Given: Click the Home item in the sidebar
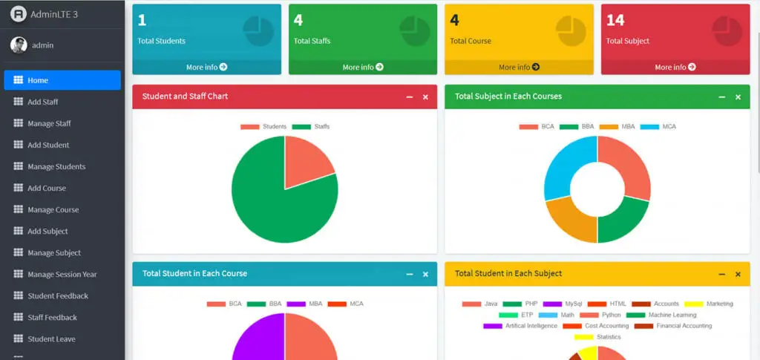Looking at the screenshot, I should coord(62,80).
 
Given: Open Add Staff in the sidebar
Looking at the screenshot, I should coord(42,102).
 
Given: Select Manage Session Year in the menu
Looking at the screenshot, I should coord(62,275).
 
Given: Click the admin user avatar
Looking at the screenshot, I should coord(19,45).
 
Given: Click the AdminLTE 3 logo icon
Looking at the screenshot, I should coord(19,14).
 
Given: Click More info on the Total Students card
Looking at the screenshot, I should coord(206,68).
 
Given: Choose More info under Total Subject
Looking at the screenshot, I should coord(675,68).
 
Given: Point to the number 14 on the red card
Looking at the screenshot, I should coord(615,20).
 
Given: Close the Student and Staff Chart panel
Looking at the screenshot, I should coord(425,97).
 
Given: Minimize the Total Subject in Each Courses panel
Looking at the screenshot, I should coord(722,97).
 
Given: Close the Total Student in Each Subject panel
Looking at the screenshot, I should coord(738,275).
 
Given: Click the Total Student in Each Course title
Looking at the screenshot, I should coord(194,274).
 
